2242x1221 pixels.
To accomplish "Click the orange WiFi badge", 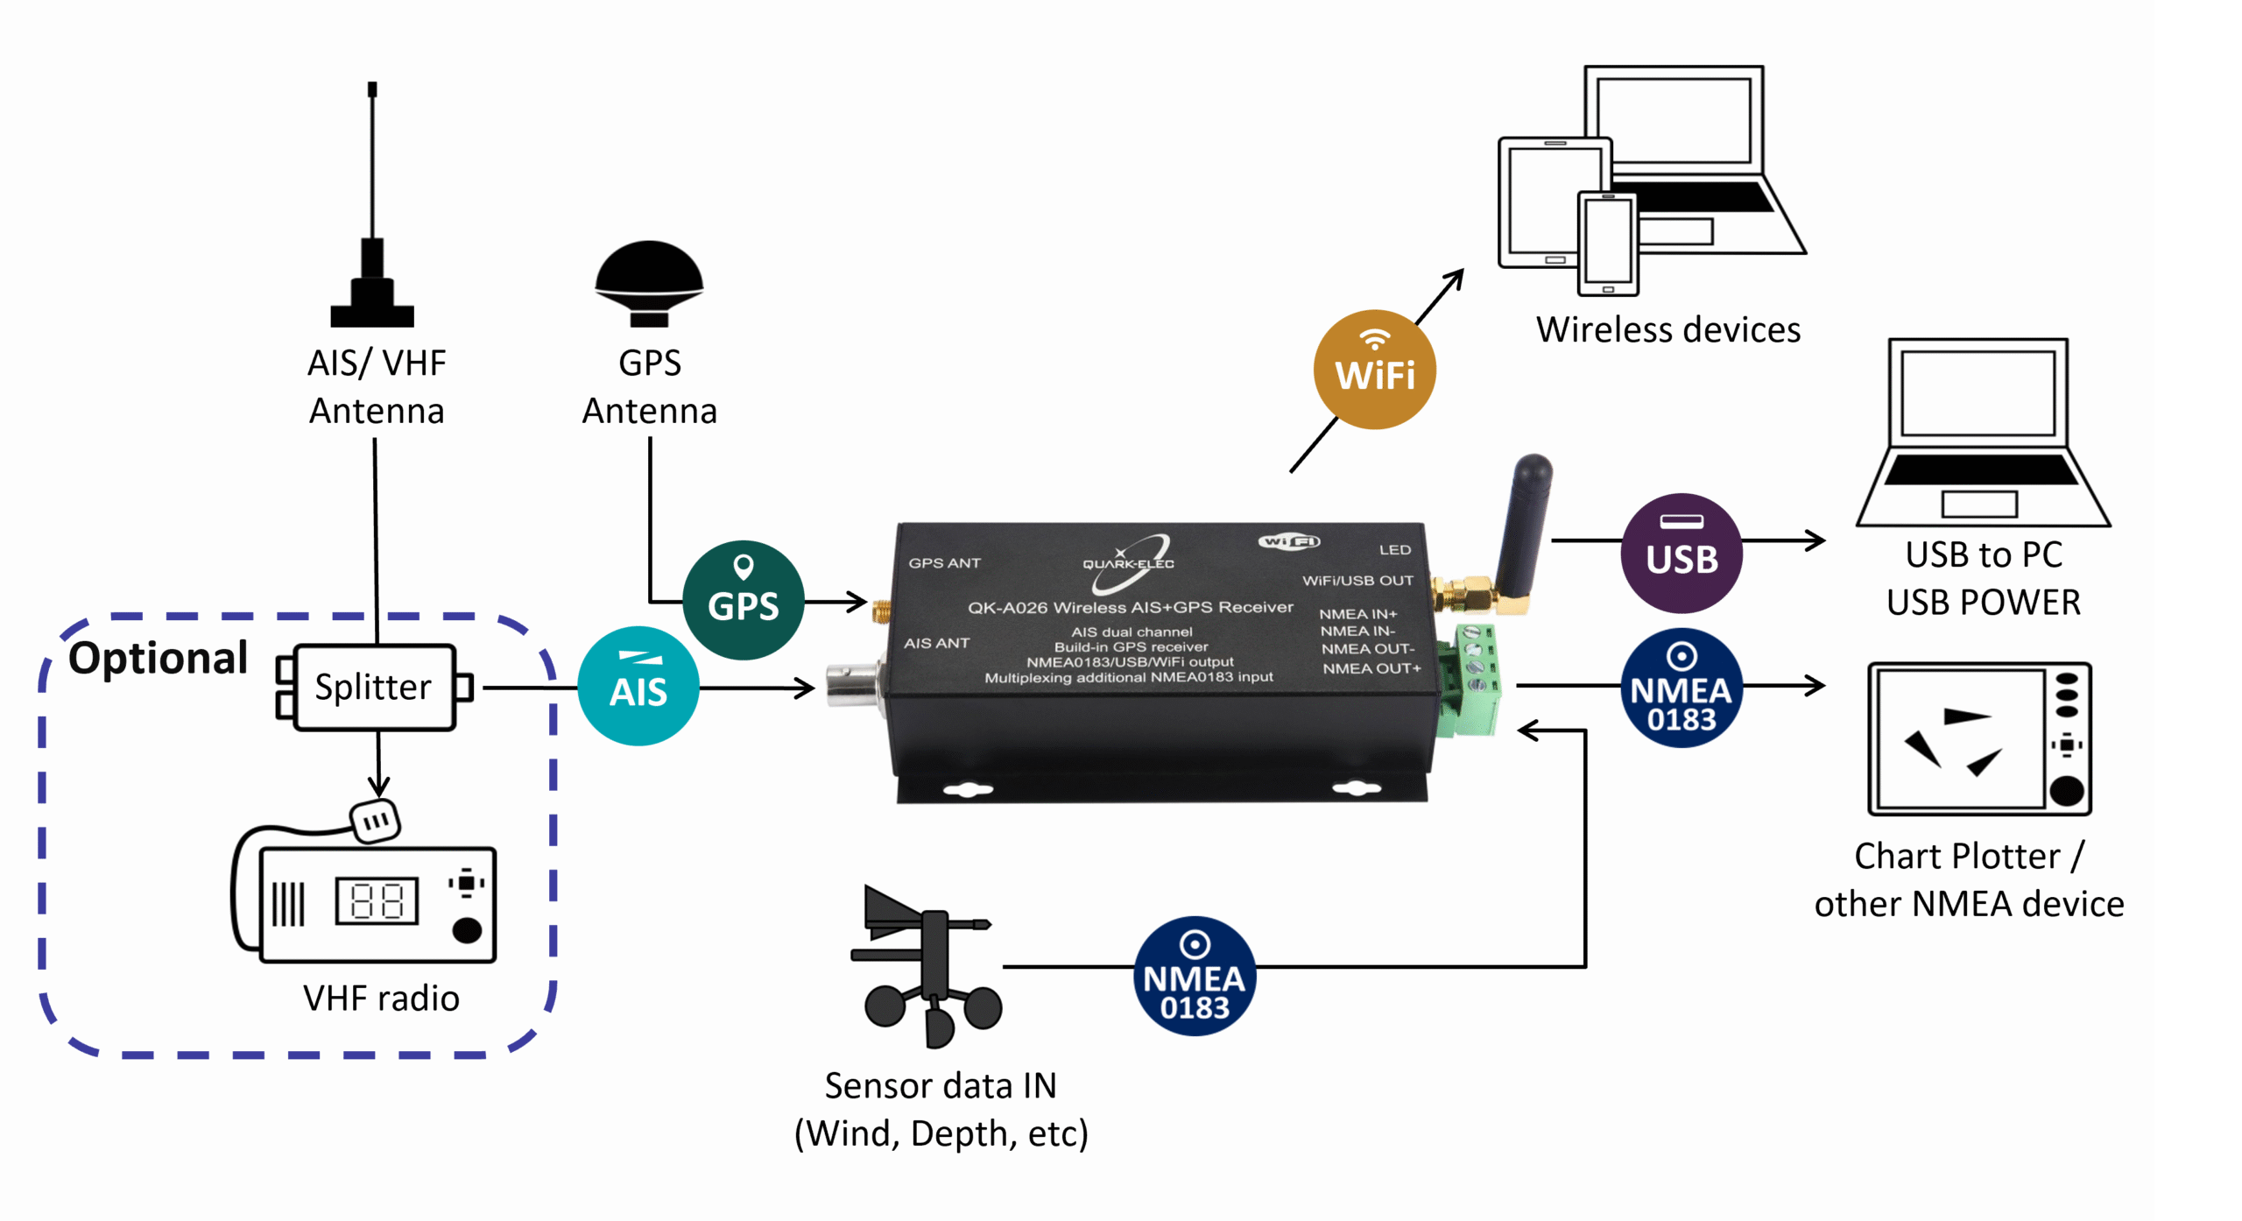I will click(1374, 370).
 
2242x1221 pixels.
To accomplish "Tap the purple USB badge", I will click(1681, 553).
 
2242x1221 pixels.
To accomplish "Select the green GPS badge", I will click(743, 600).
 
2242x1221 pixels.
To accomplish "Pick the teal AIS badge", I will click(638, 686).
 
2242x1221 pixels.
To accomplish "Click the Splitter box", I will click(374, 688).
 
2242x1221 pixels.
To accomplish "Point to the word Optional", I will click(159, 658).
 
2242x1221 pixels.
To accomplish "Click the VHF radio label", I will click(381, 999).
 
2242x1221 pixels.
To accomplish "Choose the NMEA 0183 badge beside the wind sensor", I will click(1195, 977).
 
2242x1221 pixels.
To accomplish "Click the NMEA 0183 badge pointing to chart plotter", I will click(1681, 688).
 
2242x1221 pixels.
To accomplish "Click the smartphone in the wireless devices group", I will click(1608, 243).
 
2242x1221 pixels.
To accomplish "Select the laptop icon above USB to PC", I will click(1981, 434).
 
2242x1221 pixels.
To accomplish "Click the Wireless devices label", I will click(1667, 330).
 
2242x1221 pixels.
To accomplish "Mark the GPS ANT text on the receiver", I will click(944, 563).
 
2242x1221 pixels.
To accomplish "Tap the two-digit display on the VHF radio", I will click(377, 900).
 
